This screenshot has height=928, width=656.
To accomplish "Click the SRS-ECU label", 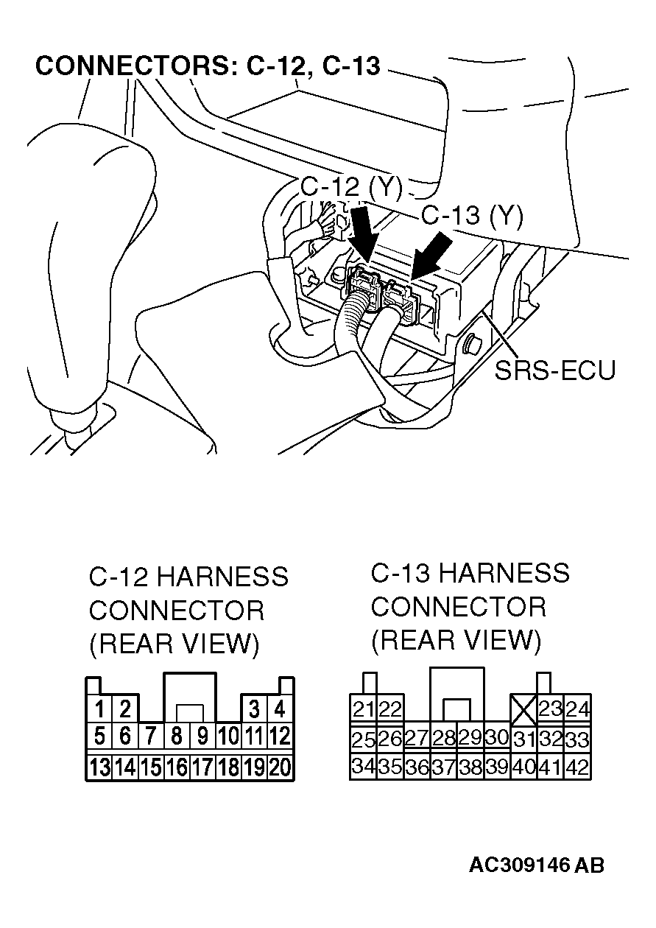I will pyautogui.click(x=554, y=369).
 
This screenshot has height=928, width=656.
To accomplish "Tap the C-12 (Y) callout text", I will pyautogui.click(x=350, y=189).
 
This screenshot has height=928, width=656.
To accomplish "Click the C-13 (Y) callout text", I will pyautogui.click(x=471, y=216).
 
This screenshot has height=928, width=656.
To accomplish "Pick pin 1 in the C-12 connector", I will pyautogui.click(x=99, y=710).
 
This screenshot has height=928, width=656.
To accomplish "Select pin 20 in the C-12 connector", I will pyautogui.click(x=280, y=767).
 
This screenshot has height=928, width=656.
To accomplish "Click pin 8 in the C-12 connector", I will pyautogui.click(x=177, y=736).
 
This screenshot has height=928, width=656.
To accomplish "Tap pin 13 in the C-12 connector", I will pyautogui.click(x=99, y=767).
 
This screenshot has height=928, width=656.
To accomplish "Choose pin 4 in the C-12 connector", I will pyautogui.click(x=280, y=710).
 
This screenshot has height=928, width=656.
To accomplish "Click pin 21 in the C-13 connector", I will pyautogui.click(x=363, y=710).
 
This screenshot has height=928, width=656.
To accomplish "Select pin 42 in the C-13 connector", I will pyautogui.click(x=578, y=767).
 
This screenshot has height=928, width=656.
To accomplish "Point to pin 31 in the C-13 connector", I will pyautogui.click(x=523, y=739).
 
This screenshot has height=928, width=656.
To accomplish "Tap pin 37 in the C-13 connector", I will pyautogui.click(x=443, y=767).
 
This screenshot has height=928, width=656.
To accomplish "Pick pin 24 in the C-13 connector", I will pyautogui.click(x=578, y=710).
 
